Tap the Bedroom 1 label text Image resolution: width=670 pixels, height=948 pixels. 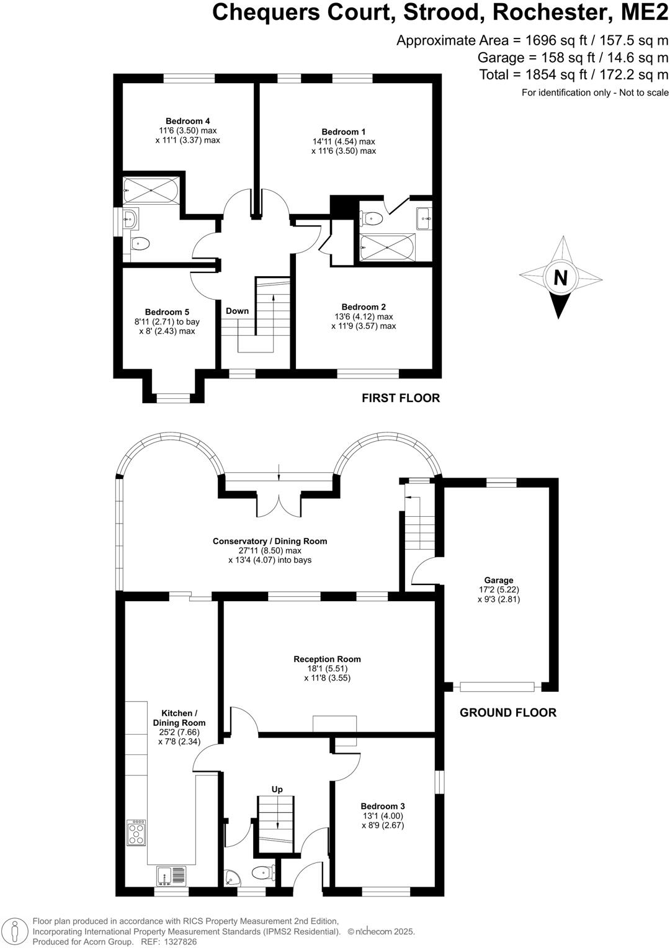[343, 132]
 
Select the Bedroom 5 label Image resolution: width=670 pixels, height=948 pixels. [167, 312]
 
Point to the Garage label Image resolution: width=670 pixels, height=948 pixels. [499, 581]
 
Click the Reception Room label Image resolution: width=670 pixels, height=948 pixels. [327, 660]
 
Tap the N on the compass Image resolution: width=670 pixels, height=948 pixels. [560, 278]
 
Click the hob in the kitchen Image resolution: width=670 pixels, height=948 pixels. [136, 833]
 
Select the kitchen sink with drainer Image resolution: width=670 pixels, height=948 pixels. [171, 875]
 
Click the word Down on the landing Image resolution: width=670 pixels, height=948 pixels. [237, 311]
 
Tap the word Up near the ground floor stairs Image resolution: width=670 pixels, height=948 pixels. [277, 789]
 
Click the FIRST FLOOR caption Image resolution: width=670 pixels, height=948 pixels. [401, 398]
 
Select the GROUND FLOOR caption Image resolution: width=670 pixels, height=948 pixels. [507, 713]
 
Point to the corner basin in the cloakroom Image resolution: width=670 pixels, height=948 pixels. [233, 879]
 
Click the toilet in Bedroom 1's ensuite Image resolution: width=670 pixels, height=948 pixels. [373, 218]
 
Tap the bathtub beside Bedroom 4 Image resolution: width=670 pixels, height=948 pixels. [151, 189]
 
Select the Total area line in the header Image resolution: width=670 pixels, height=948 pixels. [573, 75]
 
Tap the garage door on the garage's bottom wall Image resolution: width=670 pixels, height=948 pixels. [497, 687]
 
